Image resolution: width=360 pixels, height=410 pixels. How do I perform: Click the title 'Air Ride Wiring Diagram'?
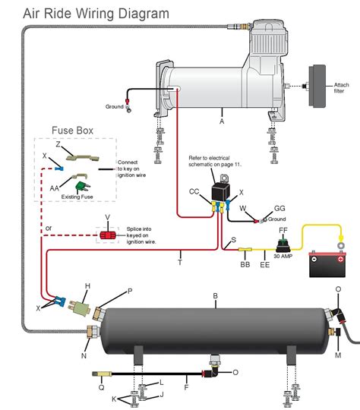(84, 13)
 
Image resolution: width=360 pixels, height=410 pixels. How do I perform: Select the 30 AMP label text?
(283, 256)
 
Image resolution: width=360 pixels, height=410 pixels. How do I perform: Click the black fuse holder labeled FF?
(283, 241)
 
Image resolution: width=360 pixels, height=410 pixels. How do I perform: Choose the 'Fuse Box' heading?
(72, 130)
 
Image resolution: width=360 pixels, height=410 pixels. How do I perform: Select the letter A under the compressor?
(222, 120)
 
